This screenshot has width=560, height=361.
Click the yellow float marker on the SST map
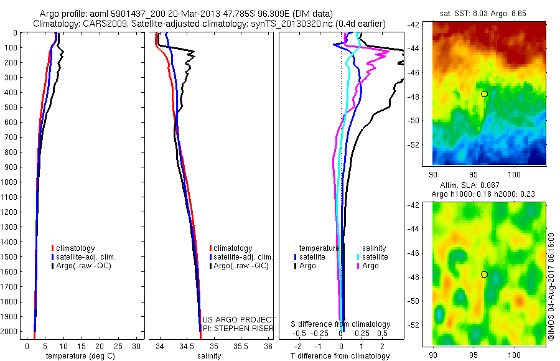click(484, 93)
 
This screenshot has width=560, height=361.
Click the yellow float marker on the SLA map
click(484, 274)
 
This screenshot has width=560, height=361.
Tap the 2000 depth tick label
click(11, 332)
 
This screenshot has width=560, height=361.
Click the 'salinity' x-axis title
click(210, 356)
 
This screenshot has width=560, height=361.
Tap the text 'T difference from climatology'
click(341, 356)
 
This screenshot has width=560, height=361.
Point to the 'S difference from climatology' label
click(341, 324)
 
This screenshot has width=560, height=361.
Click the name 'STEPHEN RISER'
click(246, 327)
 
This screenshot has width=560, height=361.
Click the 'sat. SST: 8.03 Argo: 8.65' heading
click(488, 12)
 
